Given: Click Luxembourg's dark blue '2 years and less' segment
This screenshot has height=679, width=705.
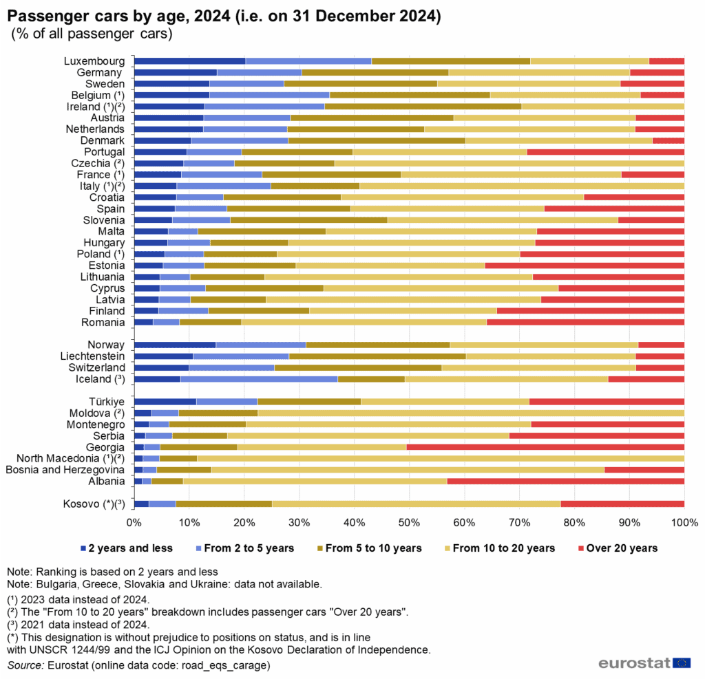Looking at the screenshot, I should pos(189,61).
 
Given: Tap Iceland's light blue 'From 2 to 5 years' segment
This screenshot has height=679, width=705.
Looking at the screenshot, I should pos(259,379).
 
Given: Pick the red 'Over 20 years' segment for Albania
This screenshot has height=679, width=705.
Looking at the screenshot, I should pos(565,481).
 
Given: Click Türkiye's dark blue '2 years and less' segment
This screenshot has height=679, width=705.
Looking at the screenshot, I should pos(165,402).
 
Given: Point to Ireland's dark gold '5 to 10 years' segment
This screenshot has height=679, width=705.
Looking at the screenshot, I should pos(423,107).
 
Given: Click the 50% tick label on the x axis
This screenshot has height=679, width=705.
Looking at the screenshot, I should pos(409,524).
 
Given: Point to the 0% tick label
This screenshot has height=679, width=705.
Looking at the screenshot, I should pos(134,524).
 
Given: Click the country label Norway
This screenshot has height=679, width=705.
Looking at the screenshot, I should pos(106,345).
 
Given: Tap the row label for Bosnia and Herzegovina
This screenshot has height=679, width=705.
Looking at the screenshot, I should pos(65,470).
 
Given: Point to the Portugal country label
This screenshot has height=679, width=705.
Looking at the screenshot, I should pos(104,152).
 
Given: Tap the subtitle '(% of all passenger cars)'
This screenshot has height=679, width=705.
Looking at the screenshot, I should pos(92,32).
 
